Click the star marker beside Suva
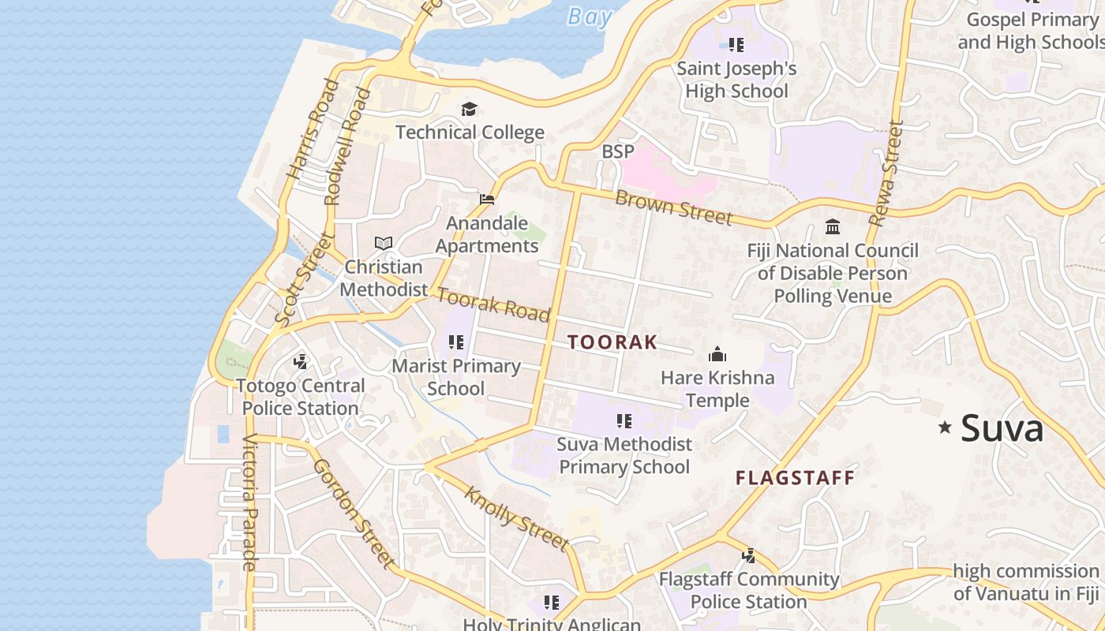[x=945, y=428]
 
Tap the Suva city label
[x=1002, y=428]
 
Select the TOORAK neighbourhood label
[x=612, y=342]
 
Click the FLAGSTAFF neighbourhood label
[x=795, y=478]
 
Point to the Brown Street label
[x=673, y=207]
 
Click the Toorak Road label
[x=493, y=305]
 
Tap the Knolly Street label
[x=515, y=518]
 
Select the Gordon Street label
[x=353, y=513]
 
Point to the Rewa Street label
[x=886, y=173]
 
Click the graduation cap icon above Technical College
[x=469, y=109]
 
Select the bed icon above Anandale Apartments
[x=487, y=200]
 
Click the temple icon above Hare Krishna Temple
[x=717, y=354]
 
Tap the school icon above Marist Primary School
[x=455, y=342]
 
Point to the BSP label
[x=617, y=151]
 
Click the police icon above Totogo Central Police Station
[x=300, y=362]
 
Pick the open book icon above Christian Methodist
[x=384, y=243]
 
